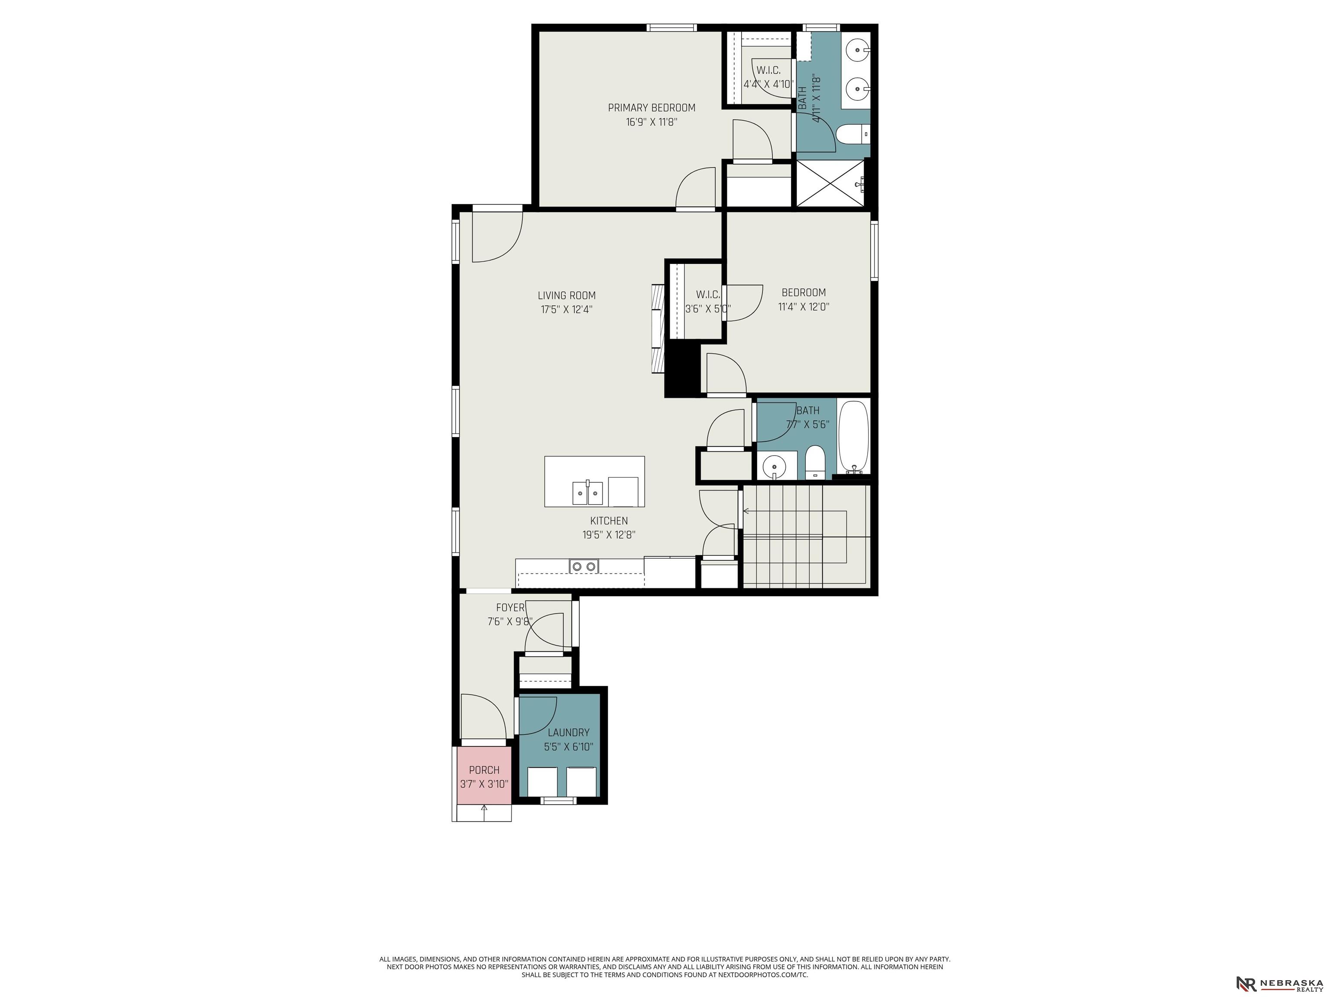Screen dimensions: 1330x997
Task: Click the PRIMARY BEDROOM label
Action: (x=651, y=108)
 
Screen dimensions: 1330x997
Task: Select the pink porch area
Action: (x=484, y=775)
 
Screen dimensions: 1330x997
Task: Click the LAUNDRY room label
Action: (x=568, y=733)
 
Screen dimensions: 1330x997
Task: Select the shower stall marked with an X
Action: (x=832, y=183)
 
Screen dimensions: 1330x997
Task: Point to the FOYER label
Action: (x=510, y=608)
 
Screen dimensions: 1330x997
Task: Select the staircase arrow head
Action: (x=746, y=511)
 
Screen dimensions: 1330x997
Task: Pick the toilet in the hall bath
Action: (x=815, y=462)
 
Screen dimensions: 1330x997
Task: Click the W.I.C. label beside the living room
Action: (x=708, y=295)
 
